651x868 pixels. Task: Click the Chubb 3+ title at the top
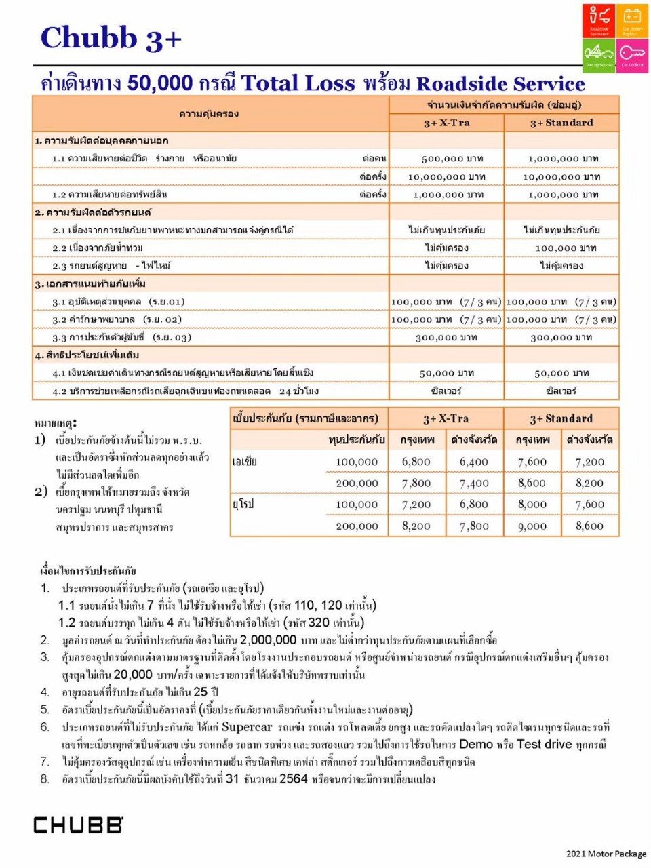click(111, 39)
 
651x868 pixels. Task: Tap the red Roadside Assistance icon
click(598, 21)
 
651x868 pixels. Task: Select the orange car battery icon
click(632, 21)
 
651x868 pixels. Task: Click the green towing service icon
click(598, 55)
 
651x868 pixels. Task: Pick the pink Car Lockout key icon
click(632, 55)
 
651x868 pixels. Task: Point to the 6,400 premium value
click(473, 462)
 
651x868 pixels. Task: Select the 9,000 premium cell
click(532, 526)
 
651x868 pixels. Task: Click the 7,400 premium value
click(473, 483)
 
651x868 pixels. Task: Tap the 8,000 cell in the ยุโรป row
click(532, 505)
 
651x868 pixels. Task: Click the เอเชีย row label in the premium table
click(245, 462)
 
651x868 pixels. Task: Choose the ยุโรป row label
click(243, 505)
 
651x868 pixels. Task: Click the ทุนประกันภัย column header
click(357, 440)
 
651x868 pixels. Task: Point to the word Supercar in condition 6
click(247, 727)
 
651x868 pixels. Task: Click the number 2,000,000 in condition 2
click(268, 639)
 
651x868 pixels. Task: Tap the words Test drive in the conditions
click(544, 744)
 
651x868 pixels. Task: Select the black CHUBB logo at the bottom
click(78, 825)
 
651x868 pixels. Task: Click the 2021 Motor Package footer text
click(606, 854)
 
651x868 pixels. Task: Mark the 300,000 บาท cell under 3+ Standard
click(561, 337)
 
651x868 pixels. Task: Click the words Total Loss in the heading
click(298, 83)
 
